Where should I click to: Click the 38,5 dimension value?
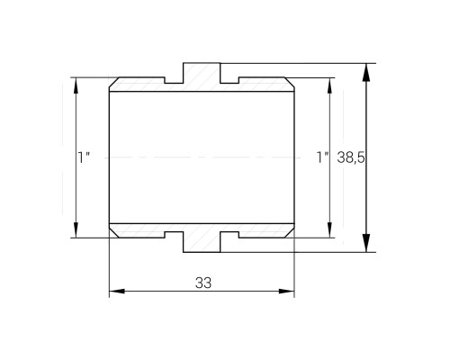(351, 157)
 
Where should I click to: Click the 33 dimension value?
(203, 283)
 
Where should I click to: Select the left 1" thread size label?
(84, 157)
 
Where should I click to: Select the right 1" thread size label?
(322, 157)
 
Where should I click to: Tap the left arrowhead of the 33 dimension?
(117, 291)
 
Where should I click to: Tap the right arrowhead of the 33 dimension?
(287, 291)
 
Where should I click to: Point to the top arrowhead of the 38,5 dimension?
(366, 72)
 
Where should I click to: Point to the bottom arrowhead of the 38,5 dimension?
(366, 243)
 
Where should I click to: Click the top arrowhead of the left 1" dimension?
(76, 85)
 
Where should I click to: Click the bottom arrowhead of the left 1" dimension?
(76, 230)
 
